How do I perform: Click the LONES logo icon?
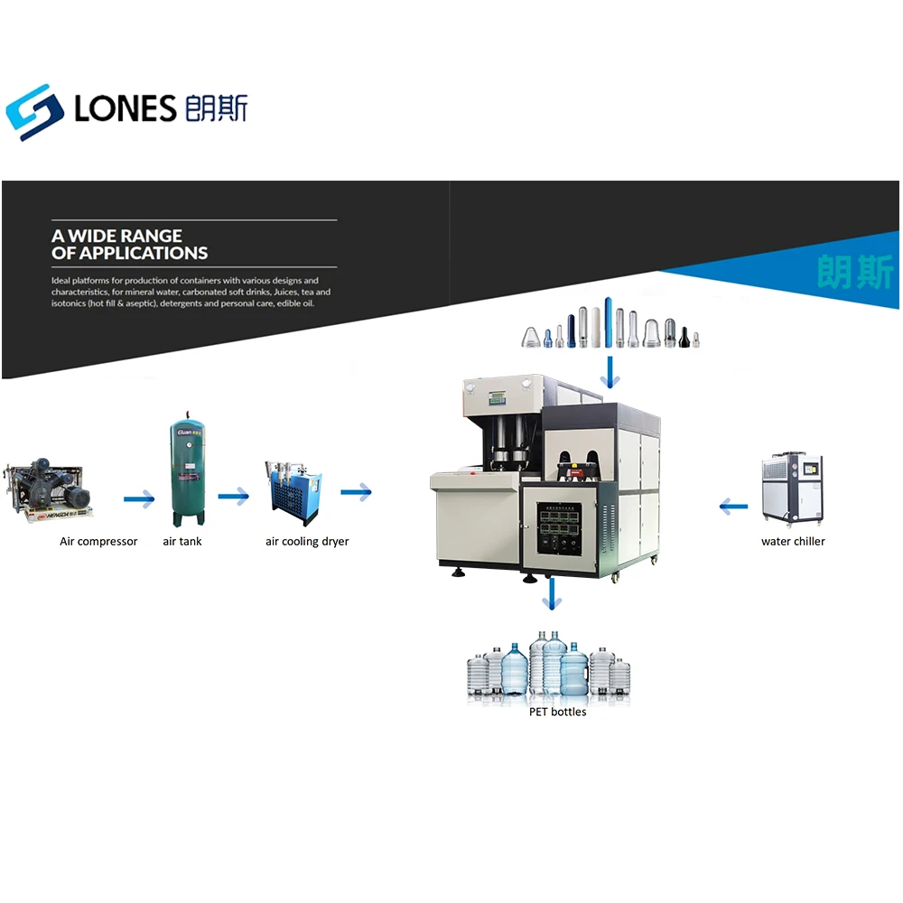pos(34,111)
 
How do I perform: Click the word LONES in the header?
pos(126,109)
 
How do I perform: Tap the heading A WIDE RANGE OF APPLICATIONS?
pos(129,245)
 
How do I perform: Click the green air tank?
pos(188,474)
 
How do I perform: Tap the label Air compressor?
pos(98,542)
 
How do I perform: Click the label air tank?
pos(182,542)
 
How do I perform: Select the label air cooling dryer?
pos(307,542)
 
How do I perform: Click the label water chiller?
pos(793,542)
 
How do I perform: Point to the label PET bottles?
pos(557,712)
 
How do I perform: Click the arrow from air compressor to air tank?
pos(139,497)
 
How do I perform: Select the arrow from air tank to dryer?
pos(233,495)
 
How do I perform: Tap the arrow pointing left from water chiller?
pos(733,507)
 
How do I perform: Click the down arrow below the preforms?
pos(612,371)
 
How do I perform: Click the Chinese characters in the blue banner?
pos(853,271)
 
